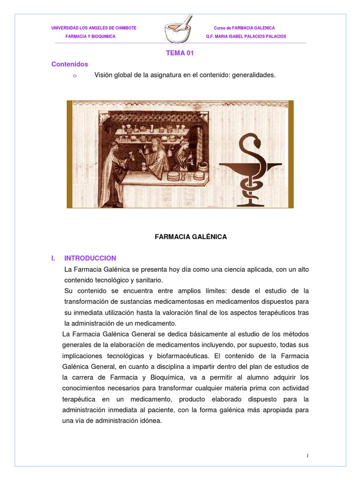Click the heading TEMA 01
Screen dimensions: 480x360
pyautogui.click(x=180, y=53)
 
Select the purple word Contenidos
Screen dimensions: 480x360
pyautogui.click(x=69, y=64)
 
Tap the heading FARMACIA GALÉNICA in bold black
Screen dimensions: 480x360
pyautogui.click(x=191, y=237)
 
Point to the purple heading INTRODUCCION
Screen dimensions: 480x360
pyautogui.click(x=90, y=258)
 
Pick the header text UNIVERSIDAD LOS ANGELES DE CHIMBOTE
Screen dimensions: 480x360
pyautogui.click(x=94, y=28)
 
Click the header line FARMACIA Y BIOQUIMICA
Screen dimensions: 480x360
pyautogui.click(x=90, y=37)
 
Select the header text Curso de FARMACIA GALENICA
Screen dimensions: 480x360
pyautogui.click(x=244, y=28)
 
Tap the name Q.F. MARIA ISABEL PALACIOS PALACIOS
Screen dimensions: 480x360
pyautogui.click(x=246, y=37)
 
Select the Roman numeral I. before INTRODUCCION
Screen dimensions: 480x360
pyautogui.click(x=54, y=258)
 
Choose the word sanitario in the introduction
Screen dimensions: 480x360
pyautogui.click(x=148, y=280)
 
